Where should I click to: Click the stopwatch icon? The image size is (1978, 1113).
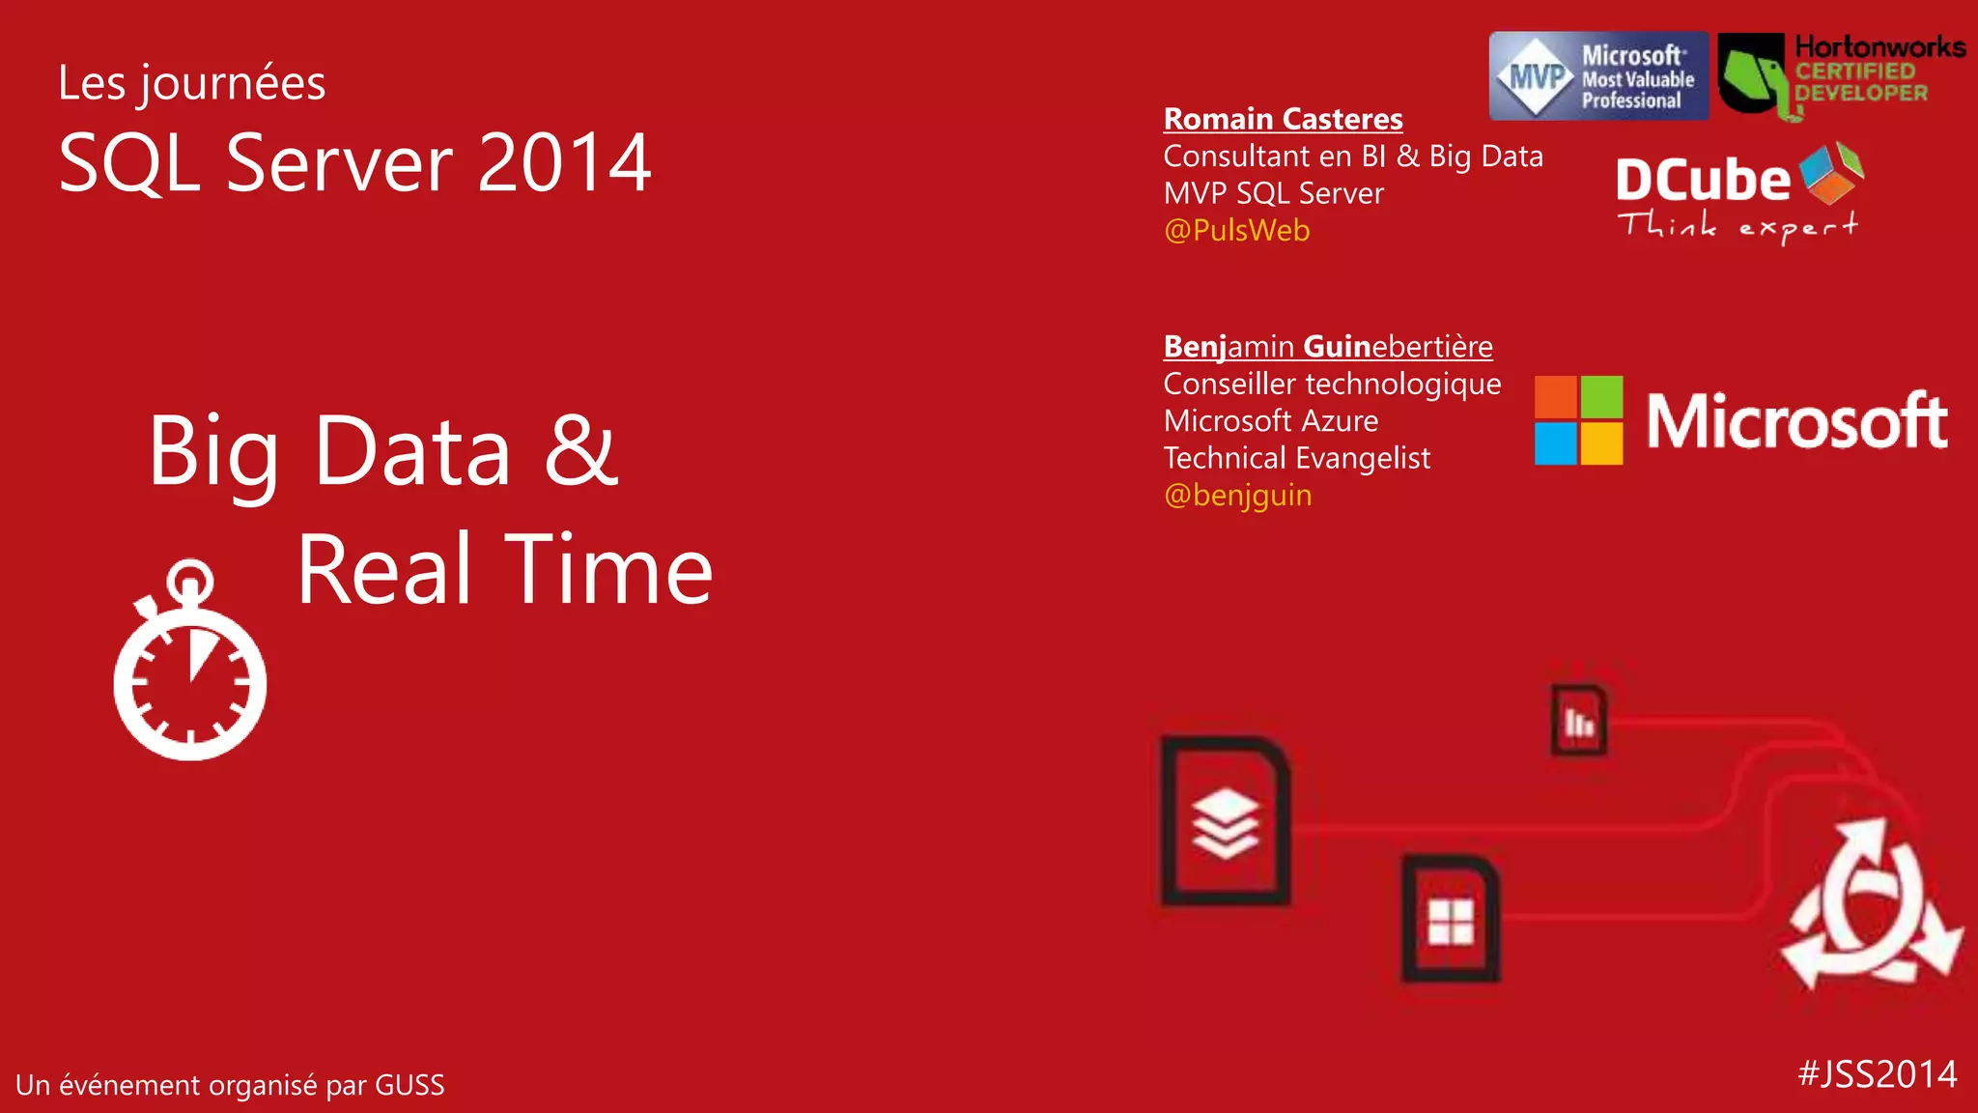(x=190, y=666)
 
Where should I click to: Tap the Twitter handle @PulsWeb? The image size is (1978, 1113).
(x=1236, y=231)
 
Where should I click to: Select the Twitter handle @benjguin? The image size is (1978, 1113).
(x=1237, y=496)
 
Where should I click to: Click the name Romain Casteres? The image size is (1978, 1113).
(x=1283, y=119)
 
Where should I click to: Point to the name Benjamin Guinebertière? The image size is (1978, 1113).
(x=1328, y=346)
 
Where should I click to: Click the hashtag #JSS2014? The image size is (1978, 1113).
(x=1878, y=1074)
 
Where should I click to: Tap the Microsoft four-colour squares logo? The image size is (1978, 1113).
(x=1578, y=420)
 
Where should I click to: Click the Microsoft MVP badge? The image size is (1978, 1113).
(x=1598, y=76)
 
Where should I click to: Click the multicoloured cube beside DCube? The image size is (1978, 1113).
(x=1831, y=173)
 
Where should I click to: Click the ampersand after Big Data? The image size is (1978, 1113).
(x=580, y=450)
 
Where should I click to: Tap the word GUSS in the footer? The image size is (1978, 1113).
(x=410, y=1086)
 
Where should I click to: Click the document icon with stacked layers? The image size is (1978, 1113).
(x=1226, y=822)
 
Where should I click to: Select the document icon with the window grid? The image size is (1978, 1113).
(x=1451, y=919)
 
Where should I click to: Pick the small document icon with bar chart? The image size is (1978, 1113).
(x=1579, y=720)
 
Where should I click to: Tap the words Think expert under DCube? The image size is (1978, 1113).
(x=1737, y=227)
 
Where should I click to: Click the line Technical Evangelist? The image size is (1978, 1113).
(x=1296, y=458)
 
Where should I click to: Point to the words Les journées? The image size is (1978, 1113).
(x=191, y=83)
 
